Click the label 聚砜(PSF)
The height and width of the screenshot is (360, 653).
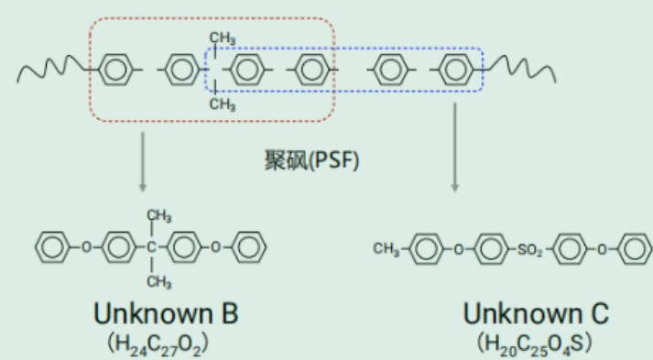(311, 160)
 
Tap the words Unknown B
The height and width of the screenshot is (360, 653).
(166, 313)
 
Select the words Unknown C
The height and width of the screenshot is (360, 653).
(536, 313)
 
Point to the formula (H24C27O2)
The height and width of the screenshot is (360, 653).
(158, 344)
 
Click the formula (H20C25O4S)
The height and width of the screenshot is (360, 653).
(534, 344)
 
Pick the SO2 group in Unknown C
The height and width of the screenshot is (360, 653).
(529, 249)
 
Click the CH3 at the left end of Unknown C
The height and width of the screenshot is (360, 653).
(386, 249)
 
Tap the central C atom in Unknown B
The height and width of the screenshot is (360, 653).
(151, 247)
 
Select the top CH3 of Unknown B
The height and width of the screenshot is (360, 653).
(158, 216)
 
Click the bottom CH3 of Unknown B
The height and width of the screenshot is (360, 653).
(158, 281)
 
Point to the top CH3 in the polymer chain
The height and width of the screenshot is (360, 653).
(223, 38)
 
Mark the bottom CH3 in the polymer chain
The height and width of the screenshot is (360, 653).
(223, 104)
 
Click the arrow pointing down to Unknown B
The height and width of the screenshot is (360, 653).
(143, 162)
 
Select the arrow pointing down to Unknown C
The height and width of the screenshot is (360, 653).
(455, 147)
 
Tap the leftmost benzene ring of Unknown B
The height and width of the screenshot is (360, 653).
(52, 247)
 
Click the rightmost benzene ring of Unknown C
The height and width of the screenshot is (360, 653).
(635, 249)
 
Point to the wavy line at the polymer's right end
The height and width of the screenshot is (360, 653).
(520, 70)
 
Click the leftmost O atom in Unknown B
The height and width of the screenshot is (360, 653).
(86, 247)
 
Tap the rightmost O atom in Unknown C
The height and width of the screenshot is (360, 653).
(602, 249)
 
